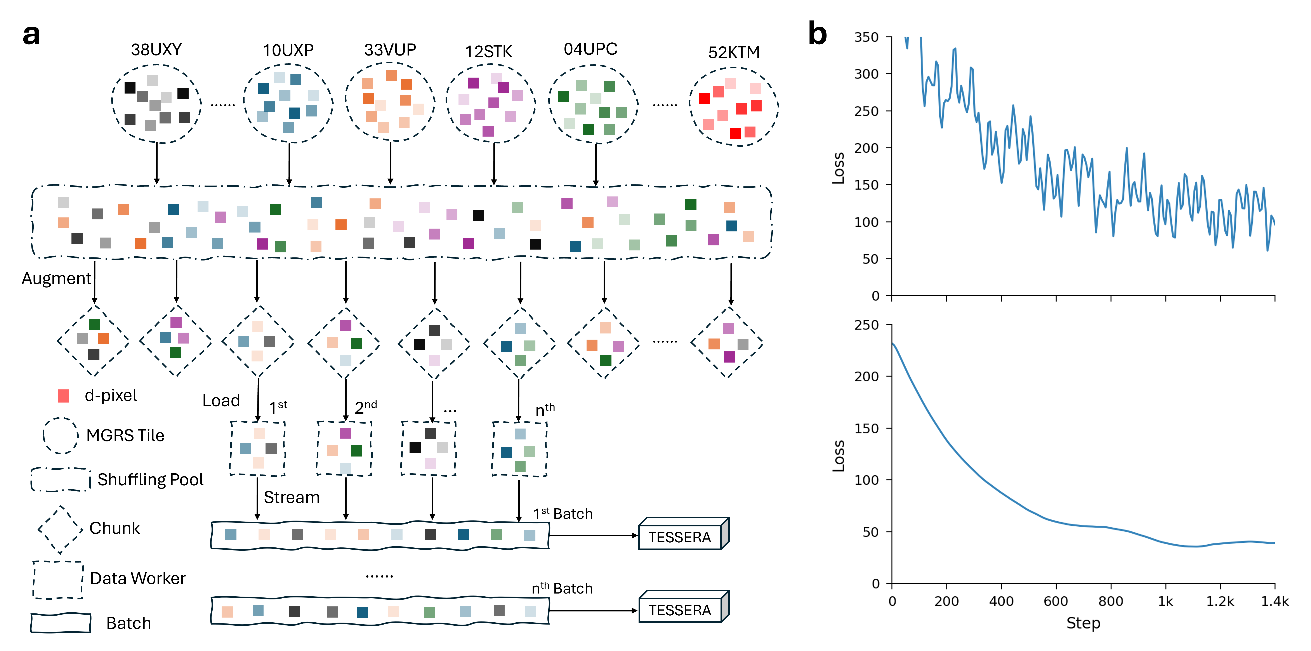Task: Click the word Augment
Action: tap(56, 278)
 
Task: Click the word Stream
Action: tap(292, 497)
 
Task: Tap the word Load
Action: tap(221, 401)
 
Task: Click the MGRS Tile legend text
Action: tap(125, 436)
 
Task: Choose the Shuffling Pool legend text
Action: tap(150, 479)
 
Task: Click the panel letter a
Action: tap(31, 35)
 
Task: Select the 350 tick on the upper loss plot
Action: tap(866, 37)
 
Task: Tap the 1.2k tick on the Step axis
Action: tap(1220, 602)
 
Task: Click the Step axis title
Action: tap(1083, 623)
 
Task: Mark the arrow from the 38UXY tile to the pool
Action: tap(157, 163)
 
